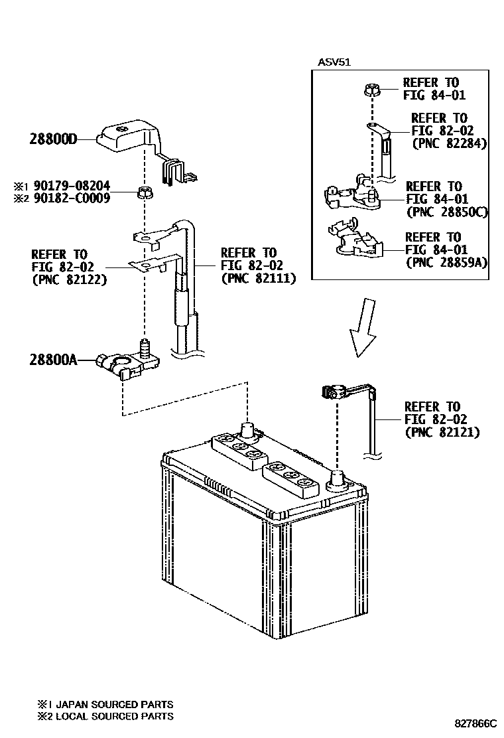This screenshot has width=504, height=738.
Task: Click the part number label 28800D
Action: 54,139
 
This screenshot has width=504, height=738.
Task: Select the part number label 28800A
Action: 54,360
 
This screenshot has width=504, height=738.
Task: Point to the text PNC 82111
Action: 258,279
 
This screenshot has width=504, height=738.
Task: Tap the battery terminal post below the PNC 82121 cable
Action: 338,479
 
